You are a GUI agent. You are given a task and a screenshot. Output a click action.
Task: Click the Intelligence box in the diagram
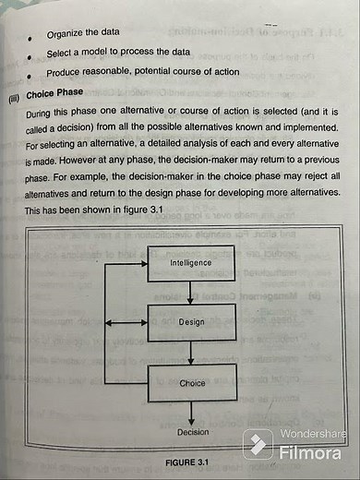coord(190,263)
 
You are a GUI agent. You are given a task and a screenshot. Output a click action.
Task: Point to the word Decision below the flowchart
coord(192,432)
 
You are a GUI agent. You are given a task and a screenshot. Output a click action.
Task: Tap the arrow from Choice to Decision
coord(191,413)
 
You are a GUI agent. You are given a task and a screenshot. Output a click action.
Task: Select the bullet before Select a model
coord(32,57)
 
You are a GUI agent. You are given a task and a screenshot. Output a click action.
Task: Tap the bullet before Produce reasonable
coord(32,75)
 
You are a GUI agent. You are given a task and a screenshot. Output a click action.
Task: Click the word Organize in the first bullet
coord(66,34)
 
